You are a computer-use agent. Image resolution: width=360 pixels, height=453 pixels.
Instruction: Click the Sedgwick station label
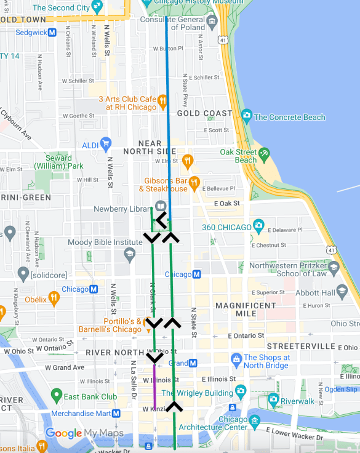[x=31, y=32]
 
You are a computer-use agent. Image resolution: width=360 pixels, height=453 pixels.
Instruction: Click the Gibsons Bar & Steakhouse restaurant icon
[x=194, y=182]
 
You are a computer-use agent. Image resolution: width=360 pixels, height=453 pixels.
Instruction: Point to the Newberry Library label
[x=122, y=209]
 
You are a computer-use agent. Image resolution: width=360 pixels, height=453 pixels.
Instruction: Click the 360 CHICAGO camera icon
[x=258, y=226]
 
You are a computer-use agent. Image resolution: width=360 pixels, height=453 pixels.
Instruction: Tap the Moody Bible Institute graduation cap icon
[x=129, y=253]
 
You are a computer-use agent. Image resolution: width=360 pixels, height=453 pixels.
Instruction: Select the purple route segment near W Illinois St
[x=154, y=385]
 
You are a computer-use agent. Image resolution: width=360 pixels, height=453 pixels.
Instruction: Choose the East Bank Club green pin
[x=57, y=394]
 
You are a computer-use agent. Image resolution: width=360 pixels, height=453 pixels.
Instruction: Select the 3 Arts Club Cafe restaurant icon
[x=162, y=101]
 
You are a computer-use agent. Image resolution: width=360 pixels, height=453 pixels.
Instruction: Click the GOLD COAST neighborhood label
[x=204, y=113]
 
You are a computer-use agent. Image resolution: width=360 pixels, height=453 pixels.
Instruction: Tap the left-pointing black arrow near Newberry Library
[x=161, y=219]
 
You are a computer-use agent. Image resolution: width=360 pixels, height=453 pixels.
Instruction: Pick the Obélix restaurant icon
[x=54, y=299]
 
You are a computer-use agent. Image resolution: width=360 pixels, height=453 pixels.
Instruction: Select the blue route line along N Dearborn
[x=167, y=123]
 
